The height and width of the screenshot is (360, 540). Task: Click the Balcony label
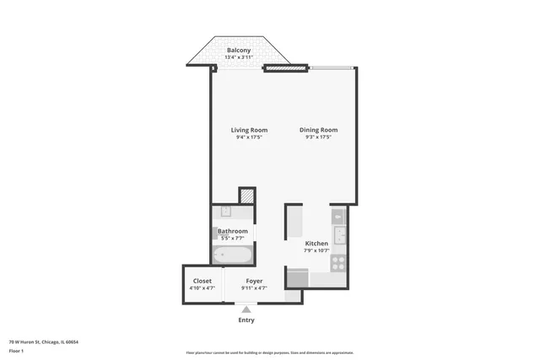pos(239,51)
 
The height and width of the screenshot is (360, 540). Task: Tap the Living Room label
pos(249,130)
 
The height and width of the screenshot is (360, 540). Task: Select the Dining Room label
pos(318,130)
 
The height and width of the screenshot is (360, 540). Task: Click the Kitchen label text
pos(316,243)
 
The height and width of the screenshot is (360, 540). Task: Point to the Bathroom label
pos(233,231)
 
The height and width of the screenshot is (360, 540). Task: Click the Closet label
pos(202,281)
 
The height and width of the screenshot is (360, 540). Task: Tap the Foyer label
pos(254,281)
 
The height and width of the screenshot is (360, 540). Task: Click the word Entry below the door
pos(246,320)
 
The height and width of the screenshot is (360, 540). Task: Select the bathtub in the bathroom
pos(231,255)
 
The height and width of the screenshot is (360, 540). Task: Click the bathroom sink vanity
pos(225,212)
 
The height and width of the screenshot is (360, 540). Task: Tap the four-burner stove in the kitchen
pos(338,262)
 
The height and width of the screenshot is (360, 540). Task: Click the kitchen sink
pos(339,234)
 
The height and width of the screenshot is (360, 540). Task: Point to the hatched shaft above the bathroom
pos(246,196)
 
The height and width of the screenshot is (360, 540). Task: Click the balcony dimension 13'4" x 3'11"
pos(239,58)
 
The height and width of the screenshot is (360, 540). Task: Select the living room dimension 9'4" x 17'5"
pos(249,137)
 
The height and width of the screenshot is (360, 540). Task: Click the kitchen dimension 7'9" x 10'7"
pos(316,250)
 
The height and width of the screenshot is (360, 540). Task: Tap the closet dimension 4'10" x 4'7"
pos(202,288)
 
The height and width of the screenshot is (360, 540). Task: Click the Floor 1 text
pos(16,350)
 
